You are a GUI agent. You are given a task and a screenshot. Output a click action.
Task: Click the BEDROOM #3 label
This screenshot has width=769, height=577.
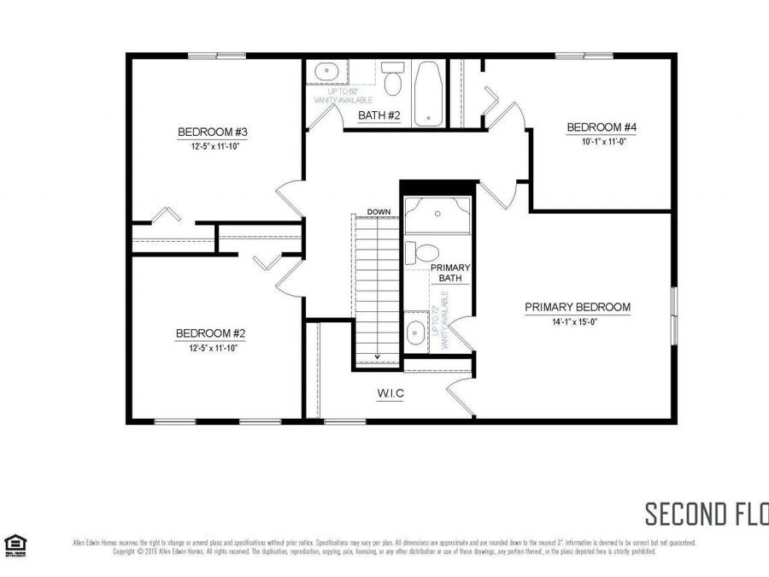click(213, 132)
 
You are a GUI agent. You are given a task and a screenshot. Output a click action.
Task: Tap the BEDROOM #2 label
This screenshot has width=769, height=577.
click(211, 333)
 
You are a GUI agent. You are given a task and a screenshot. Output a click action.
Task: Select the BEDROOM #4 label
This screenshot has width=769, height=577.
click(602, 128)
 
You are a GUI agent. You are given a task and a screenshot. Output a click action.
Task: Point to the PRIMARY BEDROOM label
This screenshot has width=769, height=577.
click(578, 308)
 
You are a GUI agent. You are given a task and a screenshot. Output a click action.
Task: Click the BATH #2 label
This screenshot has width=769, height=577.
click(379, 115)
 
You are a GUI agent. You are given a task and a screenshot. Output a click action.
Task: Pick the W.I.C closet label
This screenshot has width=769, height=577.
click(390, 393)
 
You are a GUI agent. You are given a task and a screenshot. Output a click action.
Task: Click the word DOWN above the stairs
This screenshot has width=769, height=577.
click(379, 211)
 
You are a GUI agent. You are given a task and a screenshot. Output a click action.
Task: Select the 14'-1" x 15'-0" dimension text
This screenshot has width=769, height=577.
click(578, 322)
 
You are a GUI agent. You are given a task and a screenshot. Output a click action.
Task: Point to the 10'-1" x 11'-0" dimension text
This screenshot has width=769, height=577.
click(602, 142)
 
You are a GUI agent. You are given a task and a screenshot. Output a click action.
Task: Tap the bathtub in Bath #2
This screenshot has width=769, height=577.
click(426, 92)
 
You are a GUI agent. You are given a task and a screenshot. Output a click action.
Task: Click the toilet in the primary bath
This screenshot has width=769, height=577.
click(422, 253)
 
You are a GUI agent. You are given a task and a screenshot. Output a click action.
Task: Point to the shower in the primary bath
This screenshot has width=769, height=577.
click(437, 215)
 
